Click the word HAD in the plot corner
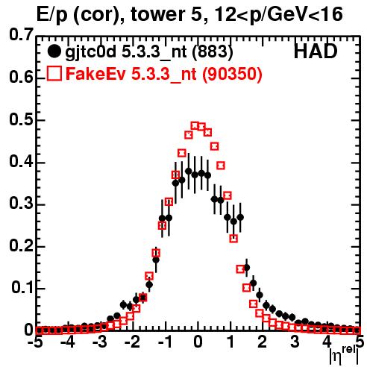tap(316, 51)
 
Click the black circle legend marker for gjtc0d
tap(54, 51)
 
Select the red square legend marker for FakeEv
tap(54, 73)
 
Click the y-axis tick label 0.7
tap(21, 34)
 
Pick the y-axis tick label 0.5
tap(21, 120)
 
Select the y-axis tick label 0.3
tap(21, 204)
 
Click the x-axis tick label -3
tap(100, 342)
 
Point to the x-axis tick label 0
tap(198, 342)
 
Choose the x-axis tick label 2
tap(263, 342)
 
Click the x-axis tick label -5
tap(36, 342)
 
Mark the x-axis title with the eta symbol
tap(344, 356)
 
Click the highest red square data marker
tap(195, 126)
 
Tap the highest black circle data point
tap(189, 172)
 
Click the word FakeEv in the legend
tap(96, 74)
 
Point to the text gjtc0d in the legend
tap(91, 52)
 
